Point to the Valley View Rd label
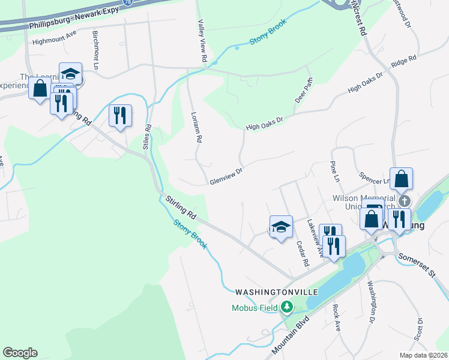coord(202,40)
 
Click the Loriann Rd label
coord(196,127)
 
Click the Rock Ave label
coord(337,317)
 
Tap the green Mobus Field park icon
coord(287,308)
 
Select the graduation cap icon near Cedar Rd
coord(280,227)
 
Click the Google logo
coord(20,353)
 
